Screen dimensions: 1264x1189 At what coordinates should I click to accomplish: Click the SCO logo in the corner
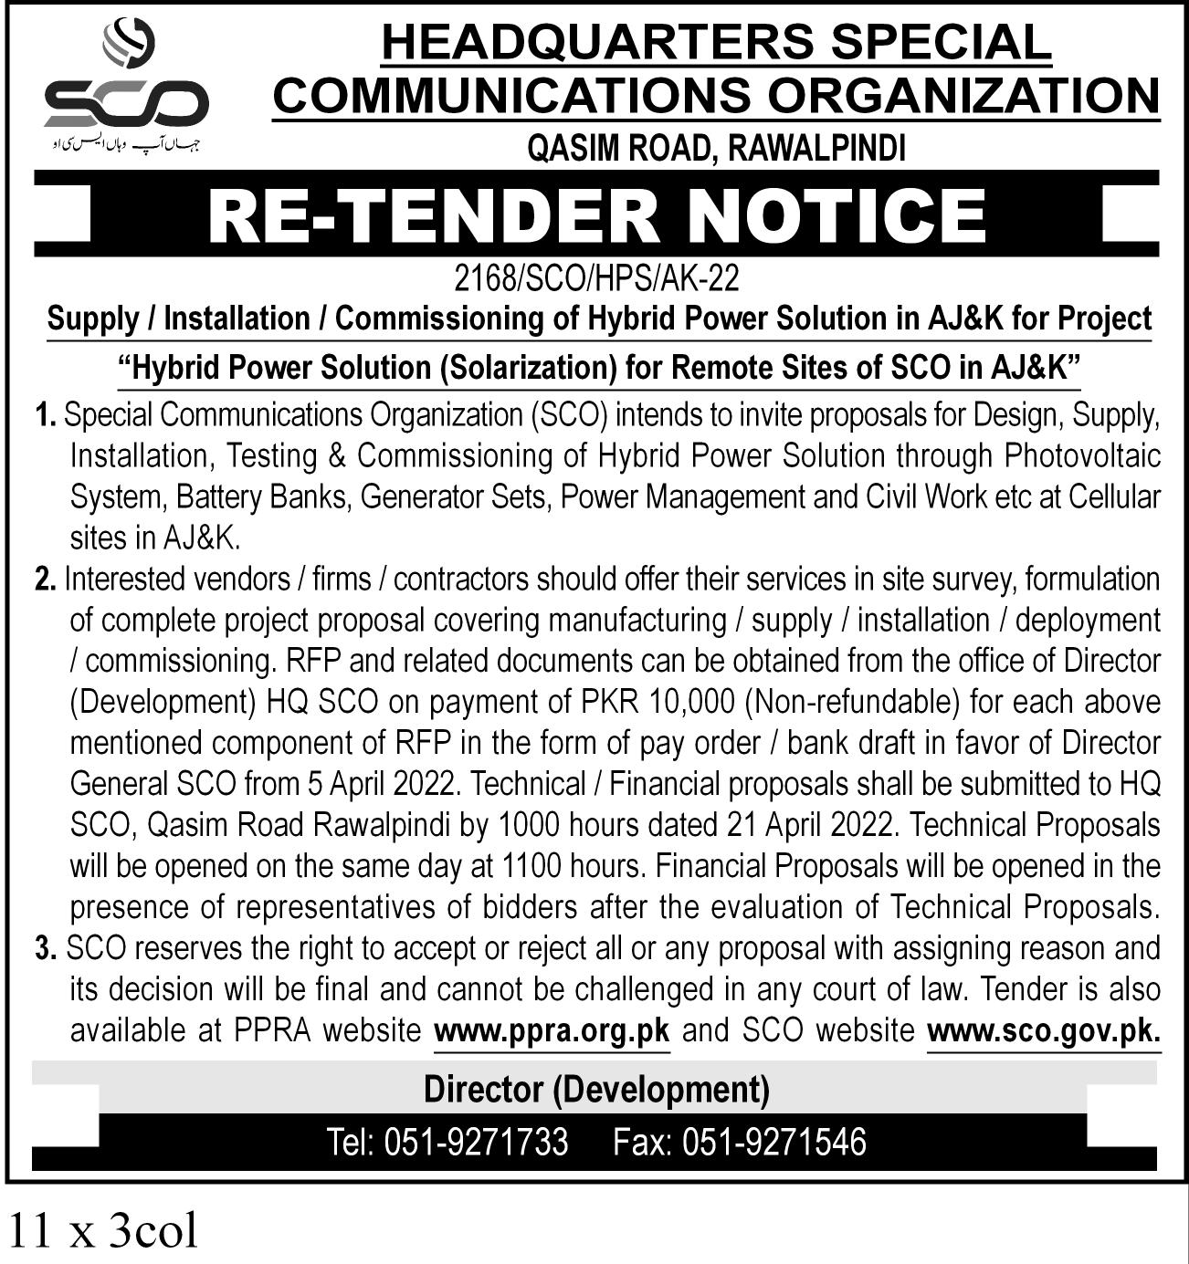126,87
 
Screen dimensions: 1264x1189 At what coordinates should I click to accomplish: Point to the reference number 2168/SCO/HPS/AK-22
596,277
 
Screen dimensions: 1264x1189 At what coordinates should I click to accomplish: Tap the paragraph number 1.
46,415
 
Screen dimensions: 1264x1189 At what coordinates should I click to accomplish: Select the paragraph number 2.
46,580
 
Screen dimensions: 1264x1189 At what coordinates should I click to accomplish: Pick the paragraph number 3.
46,949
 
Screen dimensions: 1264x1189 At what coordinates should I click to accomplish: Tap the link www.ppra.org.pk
552,1031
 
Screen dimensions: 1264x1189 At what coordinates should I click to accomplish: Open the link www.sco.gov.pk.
1043,1031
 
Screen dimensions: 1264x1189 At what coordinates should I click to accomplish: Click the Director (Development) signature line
596,1089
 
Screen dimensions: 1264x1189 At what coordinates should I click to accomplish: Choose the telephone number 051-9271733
475,1142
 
